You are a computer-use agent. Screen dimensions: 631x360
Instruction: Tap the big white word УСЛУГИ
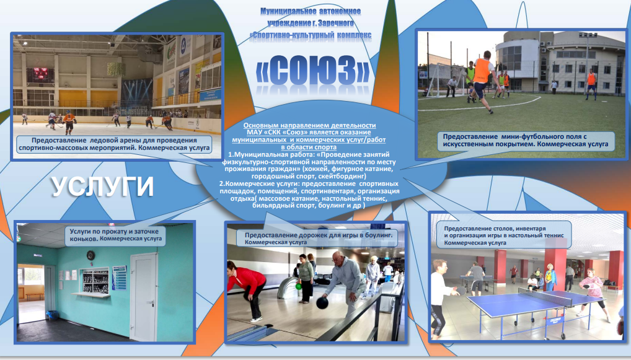[103, 187]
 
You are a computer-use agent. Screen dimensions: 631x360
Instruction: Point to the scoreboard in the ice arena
[40, 75]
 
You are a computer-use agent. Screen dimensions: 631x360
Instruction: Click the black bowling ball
[322, 303]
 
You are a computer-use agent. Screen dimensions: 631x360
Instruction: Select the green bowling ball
[298, 287]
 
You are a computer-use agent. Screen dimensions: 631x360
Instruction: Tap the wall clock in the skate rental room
[90, 255]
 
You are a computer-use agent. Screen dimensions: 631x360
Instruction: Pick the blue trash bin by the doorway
[52, 315]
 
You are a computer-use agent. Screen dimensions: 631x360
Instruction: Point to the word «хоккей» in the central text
[317, 169]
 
